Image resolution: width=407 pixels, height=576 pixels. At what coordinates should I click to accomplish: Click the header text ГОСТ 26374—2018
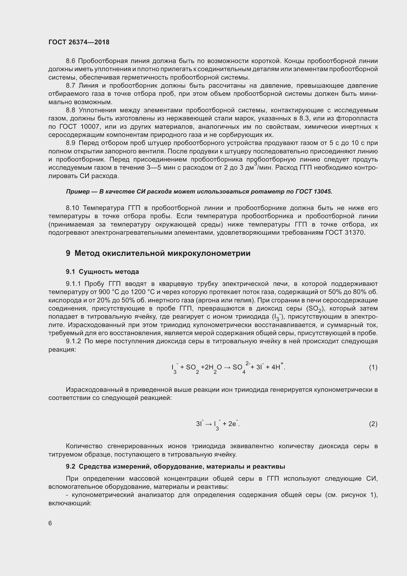[x=79, y=42]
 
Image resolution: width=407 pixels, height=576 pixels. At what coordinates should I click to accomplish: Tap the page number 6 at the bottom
[x=50, y=523]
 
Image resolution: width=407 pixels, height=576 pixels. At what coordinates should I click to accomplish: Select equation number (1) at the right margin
[x=373, y=367]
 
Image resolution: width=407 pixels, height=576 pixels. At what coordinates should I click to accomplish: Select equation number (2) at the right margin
[x=373, y=424]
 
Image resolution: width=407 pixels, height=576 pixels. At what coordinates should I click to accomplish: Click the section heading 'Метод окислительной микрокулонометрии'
[x=163, y=253]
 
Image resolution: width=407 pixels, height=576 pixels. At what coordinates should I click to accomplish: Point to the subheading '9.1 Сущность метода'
[x=102, y=272]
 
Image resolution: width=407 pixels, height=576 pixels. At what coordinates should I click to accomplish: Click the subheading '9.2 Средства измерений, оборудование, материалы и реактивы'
[x=175, y=466]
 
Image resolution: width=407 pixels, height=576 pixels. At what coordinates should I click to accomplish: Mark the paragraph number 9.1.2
[x=73, y=341]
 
